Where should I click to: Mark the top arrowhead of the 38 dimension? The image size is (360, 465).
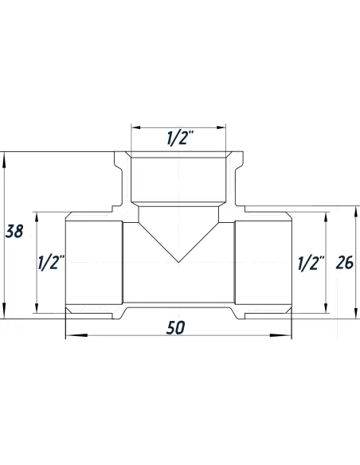pos(6,157)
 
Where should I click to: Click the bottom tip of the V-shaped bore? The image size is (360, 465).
pos(178,263)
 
